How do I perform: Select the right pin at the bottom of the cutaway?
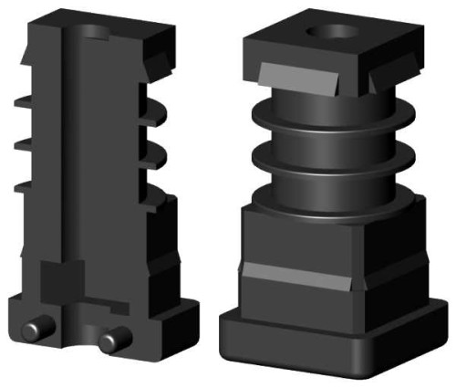tap(112, 341)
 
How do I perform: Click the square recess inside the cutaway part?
tap(63, 278)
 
